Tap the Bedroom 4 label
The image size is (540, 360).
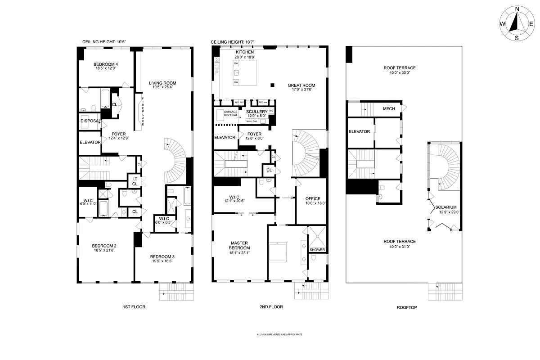point(106,64)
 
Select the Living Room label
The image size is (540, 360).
point(162,83)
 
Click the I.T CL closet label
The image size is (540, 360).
point(135,181)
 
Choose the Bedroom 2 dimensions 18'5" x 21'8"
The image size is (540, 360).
point(104,251)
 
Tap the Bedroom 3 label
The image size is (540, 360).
point(162,256)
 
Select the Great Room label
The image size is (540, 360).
point(301,85)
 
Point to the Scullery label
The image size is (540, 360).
point(257,111)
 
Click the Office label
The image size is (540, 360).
point(312,198)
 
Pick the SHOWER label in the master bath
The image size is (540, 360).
point(317,250)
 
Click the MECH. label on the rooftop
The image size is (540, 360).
point(389,108)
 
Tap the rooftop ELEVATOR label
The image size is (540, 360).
point(360,131)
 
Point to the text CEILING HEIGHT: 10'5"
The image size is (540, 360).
point(104,42)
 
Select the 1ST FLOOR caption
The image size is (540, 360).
point(134,307)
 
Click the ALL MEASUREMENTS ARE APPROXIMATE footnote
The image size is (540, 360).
point(279,335)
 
